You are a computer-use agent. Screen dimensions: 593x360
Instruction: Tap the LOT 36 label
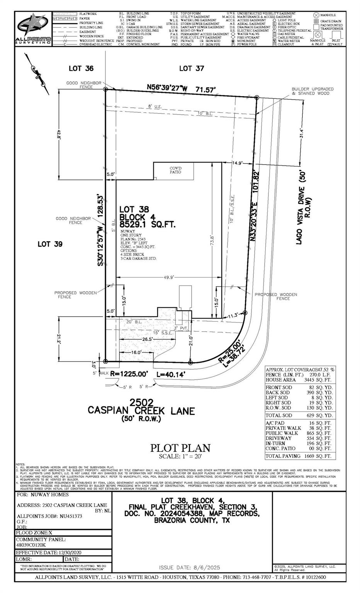tap(81, 68)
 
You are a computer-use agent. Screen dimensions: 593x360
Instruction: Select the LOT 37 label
tap(192, 68)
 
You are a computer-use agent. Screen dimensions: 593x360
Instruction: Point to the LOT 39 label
tap(50, 244)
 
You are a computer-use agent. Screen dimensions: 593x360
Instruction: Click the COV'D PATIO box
tap(175, 170)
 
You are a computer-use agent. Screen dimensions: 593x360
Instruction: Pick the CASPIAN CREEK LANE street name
tap(141, 410)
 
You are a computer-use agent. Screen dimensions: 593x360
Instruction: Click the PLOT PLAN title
tap(180, 448)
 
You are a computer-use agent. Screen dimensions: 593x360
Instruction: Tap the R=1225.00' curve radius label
tap(129, 374)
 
